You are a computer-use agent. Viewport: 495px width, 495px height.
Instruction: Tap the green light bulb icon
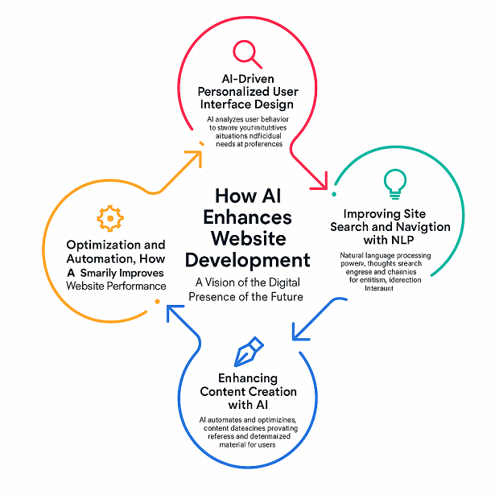(x=394, y=183)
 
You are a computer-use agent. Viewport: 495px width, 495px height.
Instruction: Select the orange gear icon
(x=109, y=218)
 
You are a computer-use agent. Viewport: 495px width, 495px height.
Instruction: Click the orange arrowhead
(x=195, y=155)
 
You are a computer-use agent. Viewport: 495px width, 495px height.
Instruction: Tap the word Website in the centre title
(x=248, y=239)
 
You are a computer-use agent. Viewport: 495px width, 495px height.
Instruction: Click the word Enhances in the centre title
(x=248, y=217)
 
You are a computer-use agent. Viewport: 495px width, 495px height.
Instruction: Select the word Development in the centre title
(x=248, y=260)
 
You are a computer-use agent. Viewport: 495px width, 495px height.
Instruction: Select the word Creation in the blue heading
(x=270, y=391)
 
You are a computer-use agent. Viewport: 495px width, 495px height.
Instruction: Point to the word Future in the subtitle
(x=286, y=295)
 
